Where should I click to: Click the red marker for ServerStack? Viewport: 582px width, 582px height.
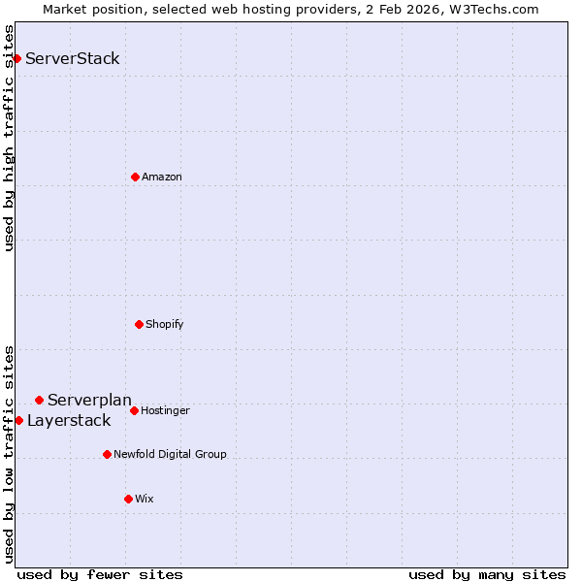click(x=16, y=58)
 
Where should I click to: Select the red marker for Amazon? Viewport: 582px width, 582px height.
click(x=135, y=177)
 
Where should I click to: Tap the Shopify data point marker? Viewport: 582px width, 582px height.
click(x=139, y=324)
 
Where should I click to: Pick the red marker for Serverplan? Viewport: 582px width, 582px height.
click(x=39, y=400)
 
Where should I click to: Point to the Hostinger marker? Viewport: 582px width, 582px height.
click(x=134, y=410)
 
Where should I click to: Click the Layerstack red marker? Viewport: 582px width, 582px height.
click(x=18, y=420)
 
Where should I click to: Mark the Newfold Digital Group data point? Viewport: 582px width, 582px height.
click(x=107, y=454)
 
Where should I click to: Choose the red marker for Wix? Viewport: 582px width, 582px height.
click(x=128, y=499)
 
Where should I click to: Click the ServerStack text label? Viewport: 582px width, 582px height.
click(x=73, y=58)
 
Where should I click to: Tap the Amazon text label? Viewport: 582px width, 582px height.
click(x=162, y=177)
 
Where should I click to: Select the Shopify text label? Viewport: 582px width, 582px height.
click(x=165, y=324)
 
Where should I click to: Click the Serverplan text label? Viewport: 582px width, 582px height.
click(x=89, y=400)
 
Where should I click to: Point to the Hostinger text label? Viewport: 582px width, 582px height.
click(x=166, y=410)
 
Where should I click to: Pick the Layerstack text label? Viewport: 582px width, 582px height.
click(x=69, y=420)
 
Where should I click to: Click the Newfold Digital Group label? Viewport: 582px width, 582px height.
click(x=170, y=454)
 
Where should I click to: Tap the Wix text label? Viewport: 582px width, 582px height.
click(x=145, y=499)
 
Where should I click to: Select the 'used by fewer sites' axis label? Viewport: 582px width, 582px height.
click(x=100, y=574)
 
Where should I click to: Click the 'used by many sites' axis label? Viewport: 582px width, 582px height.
click(x=487, y=574)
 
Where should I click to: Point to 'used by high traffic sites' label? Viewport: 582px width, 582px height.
click(x=9, y=138)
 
